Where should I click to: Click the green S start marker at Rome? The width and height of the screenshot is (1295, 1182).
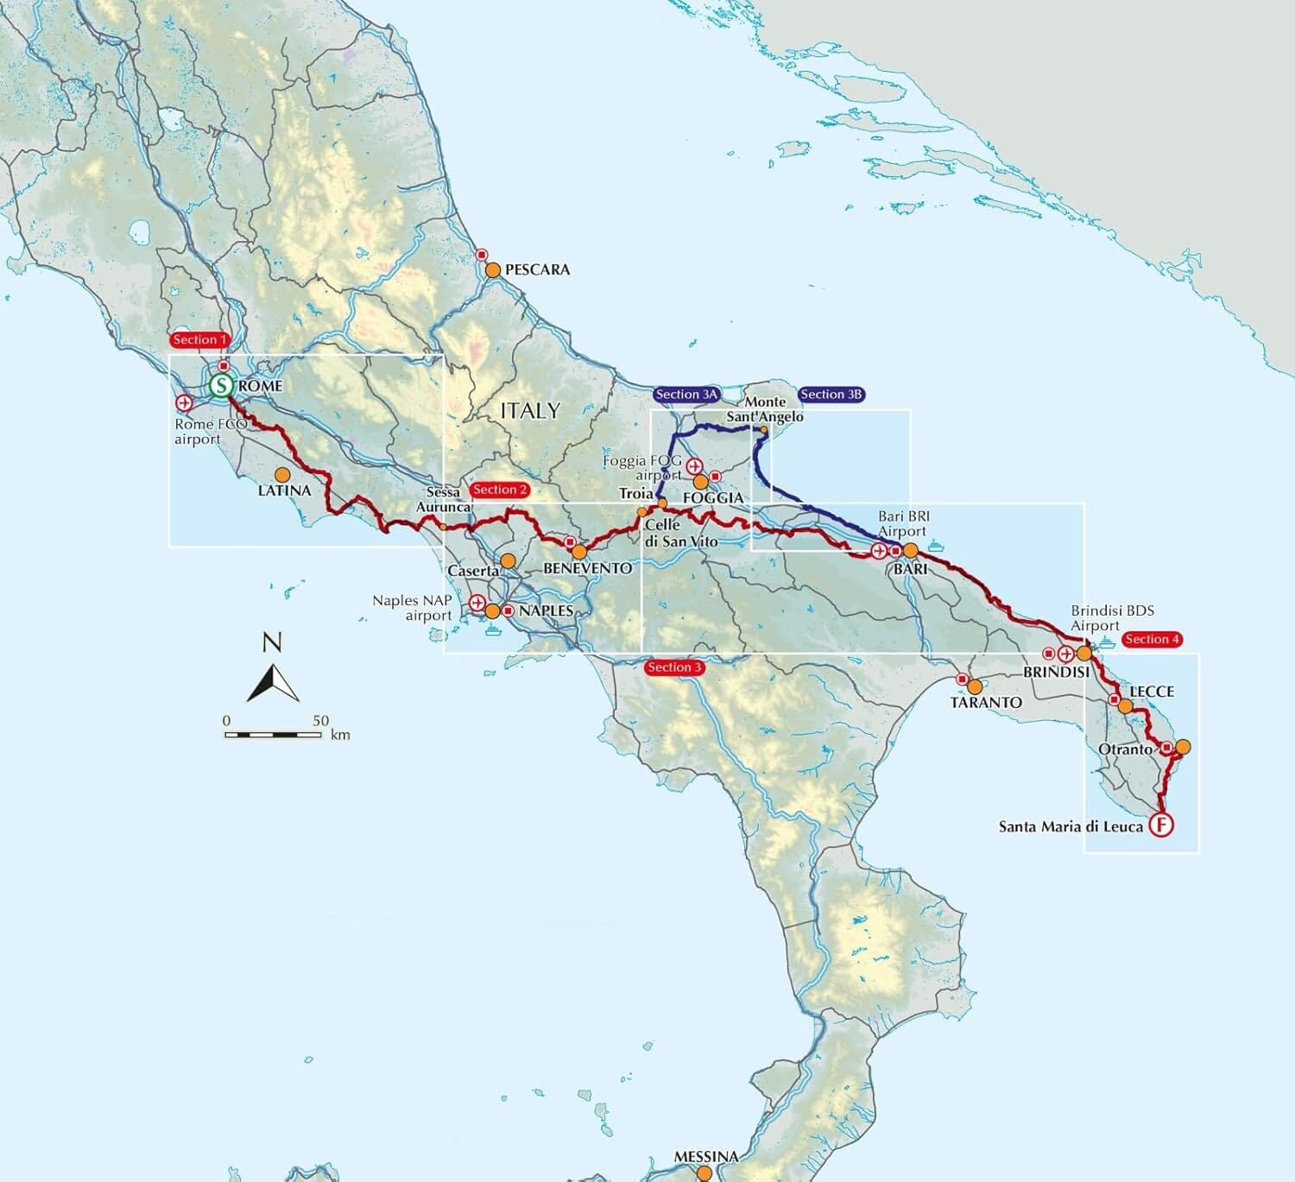(222, 385)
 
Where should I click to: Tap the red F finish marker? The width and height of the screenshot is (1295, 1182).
(1163, 825)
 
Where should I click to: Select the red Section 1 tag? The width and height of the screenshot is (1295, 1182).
(199, 340)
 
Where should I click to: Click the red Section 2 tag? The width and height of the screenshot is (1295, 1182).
(500, 490)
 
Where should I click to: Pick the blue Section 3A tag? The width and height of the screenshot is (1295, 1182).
(686, 395)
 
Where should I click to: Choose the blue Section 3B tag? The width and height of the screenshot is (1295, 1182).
(831, 395)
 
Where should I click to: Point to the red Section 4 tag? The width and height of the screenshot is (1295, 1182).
(1152, 639)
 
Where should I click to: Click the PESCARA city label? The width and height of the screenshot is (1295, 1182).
(537, 269)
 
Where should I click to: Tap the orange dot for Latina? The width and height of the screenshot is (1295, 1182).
(281, 475)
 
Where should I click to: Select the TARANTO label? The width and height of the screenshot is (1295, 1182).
(986, 703)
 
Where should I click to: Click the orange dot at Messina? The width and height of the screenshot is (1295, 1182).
(704, 1173)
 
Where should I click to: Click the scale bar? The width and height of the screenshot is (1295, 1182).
(273, 735)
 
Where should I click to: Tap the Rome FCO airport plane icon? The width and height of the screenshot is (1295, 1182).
(184, 402)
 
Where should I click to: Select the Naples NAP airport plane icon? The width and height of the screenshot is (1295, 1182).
(477, 603)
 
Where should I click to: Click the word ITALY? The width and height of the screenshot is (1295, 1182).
(530, 411)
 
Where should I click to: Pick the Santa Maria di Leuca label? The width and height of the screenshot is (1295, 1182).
(1071, 826)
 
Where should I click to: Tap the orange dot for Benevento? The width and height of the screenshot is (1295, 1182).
(579, 552)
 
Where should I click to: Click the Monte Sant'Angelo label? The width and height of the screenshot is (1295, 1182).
(765, 409)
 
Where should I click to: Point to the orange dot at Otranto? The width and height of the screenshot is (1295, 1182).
(1183, 747)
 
